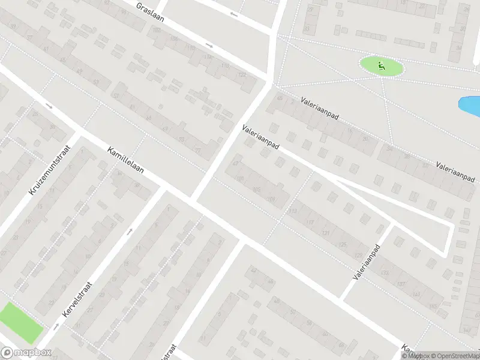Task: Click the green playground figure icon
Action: click(380, 65)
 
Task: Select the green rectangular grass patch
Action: click(21, 323)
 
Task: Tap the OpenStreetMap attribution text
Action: click(454, 356)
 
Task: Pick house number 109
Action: click(272, 199)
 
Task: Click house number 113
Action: click(292, 211)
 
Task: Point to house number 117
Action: click(310, 223)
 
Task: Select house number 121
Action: click(326, 233)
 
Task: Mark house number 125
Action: click(343, 244)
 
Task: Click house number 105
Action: click(257, 190)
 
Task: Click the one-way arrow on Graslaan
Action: click(209, 46)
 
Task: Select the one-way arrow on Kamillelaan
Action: click(49, 107)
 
